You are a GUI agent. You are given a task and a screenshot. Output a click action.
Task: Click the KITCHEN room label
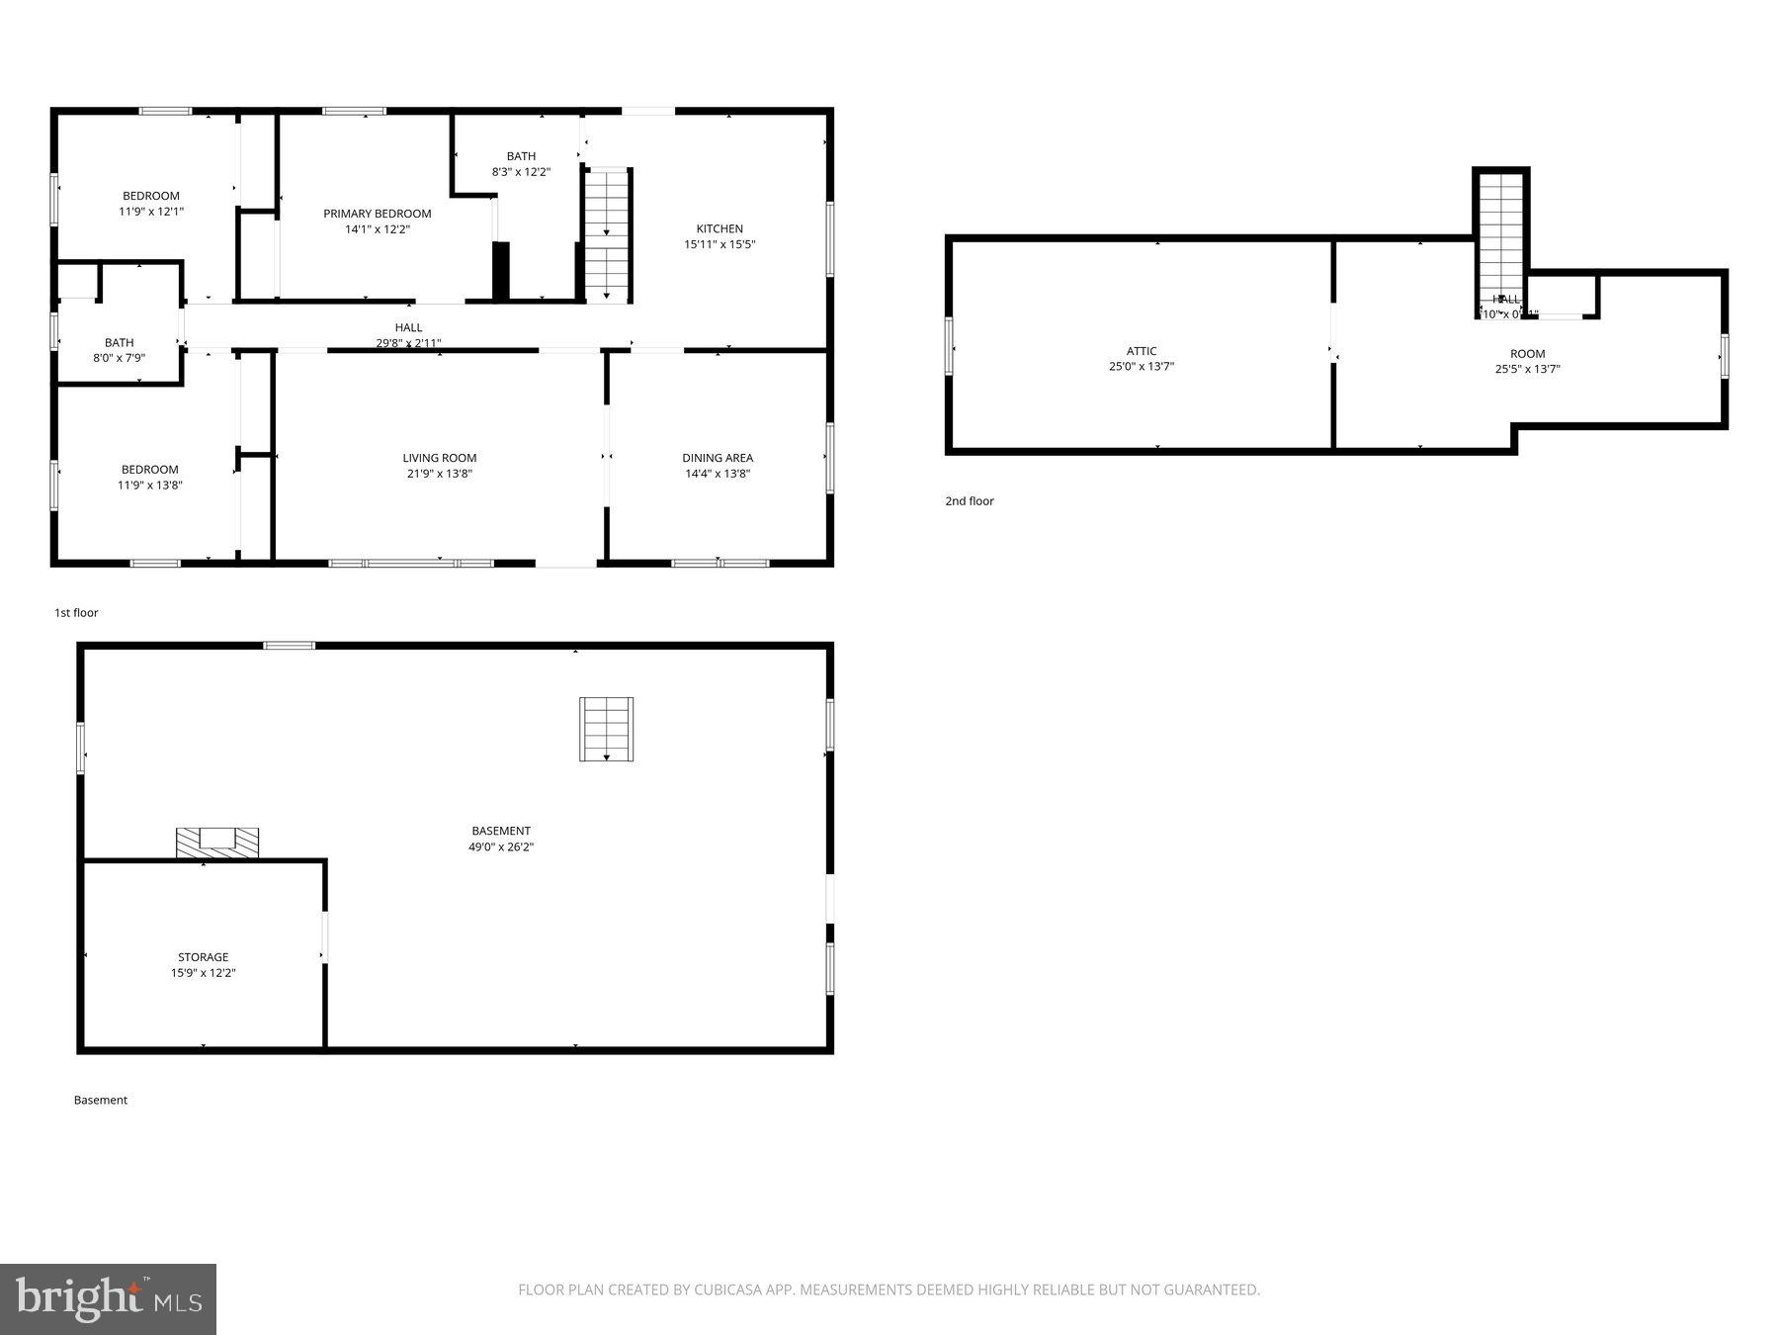coord(720,228)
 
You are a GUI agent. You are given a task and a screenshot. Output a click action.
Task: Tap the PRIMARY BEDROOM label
coord(377,214)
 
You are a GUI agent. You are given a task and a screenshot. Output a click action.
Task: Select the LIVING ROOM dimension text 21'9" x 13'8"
coord(439,474)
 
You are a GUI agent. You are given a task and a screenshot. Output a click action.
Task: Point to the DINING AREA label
coord(718,458)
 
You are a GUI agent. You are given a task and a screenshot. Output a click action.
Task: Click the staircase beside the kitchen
coord(607,235)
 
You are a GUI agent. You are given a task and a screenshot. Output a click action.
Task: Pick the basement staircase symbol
coord(606,730)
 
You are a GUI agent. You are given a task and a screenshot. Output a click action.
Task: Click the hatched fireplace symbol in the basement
coord(217,843)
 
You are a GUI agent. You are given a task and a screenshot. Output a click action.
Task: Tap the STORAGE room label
coord(203,957)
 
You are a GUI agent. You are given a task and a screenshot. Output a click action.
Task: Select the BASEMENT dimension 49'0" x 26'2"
coord(501,847)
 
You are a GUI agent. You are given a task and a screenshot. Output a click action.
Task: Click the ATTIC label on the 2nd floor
coord(1141,351)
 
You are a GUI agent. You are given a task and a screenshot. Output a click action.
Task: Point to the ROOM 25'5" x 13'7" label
coord(1527,361)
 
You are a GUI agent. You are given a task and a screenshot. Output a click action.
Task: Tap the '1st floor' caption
coord(76,613)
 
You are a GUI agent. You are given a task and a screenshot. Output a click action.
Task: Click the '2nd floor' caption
coord(969,501)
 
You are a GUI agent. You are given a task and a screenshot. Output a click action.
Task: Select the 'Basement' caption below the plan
coord(100,1100)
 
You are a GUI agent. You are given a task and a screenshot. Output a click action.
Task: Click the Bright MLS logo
coord(108,1298)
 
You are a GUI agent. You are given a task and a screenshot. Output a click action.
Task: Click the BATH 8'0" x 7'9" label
coord(119,350)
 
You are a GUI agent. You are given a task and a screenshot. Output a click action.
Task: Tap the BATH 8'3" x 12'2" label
coord(521,163)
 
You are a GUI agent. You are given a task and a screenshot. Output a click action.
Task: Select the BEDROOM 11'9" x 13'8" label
coord(150,477)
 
